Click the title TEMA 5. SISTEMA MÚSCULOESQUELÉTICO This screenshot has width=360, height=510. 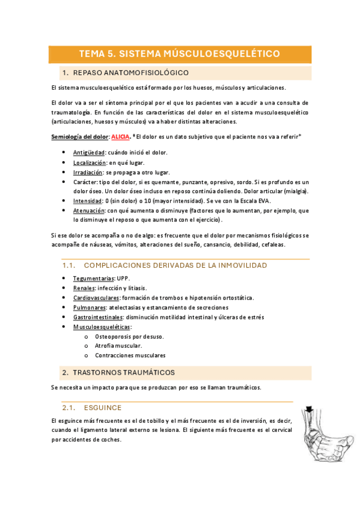(180, 54)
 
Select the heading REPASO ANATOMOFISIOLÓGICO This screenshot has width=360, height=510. (130, 73)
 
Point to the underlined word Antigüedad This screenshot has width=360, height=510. (89, 153)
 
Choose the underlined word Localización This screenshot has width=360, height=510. (90, 162)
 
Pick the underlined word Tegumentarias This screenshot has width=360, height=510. (94, 278)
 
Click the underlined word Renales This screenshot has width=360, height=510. (84, 288)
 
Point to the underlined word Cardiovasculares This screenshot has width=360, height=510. (96, 298)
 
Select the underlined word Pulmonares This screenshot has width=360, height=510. (90, 307)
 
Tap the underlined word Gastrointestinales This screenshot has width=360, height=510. (98, 317)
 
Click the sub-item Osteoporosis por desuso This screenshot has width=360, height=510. (129, 336)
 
